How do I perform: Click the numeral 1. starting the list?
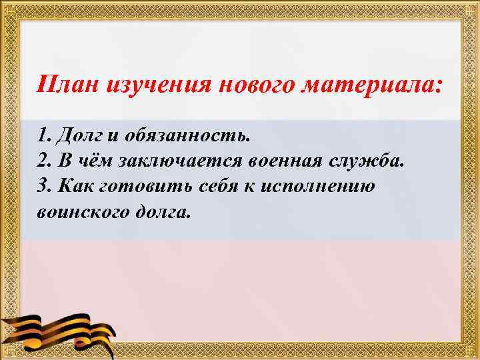44,136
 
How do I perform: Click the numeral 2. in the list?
45,161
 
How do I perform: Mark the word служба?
371,161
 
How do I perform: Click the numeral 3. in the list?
45,187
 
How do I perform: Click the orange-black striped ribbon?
60,329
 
